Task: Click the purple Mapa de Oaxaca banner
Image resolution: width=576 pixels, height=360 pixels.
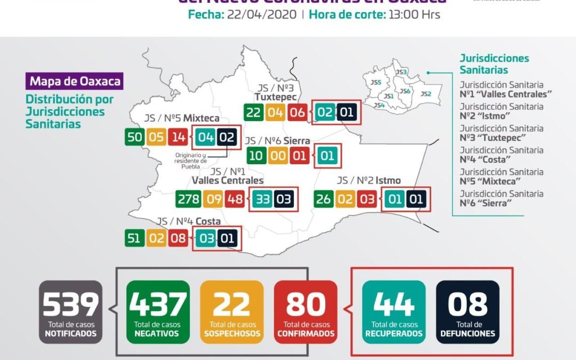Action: [x=75, y=82]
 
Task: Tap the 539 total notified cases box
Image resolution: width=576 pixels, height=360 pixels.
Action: [x=70, y=311]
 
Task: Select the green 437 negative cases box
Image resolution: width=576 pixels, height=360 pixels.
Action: [x=158, y=311]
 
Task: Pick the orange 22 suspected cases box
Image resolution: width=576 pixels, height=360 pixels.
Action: [x=232, y=311]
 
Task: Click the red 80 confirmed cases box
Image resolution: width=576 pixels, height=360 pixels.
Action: [x=306, y=311]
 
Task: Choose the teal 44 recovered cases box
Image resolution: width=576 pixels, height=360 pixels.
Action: [x=394, y=311]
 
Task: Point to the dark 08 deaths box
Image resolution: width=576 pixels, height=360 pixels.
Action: [x=468, y=311]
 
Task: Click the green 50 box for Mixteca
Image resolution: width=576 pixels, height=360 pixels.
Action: [x=134, y=137]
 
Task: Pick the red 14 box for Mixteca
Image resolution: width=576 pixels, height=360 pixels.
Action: [x=178, y=137]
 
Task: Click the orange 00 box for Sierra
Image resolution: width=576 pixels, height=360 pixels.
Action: [x=277, y=156]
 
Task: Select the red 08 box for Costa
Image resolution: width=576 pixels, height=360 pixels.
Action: [x=178, y=238]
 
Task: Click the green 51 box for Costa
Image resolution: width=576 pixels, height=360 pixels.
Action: [x=134, y=238]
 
